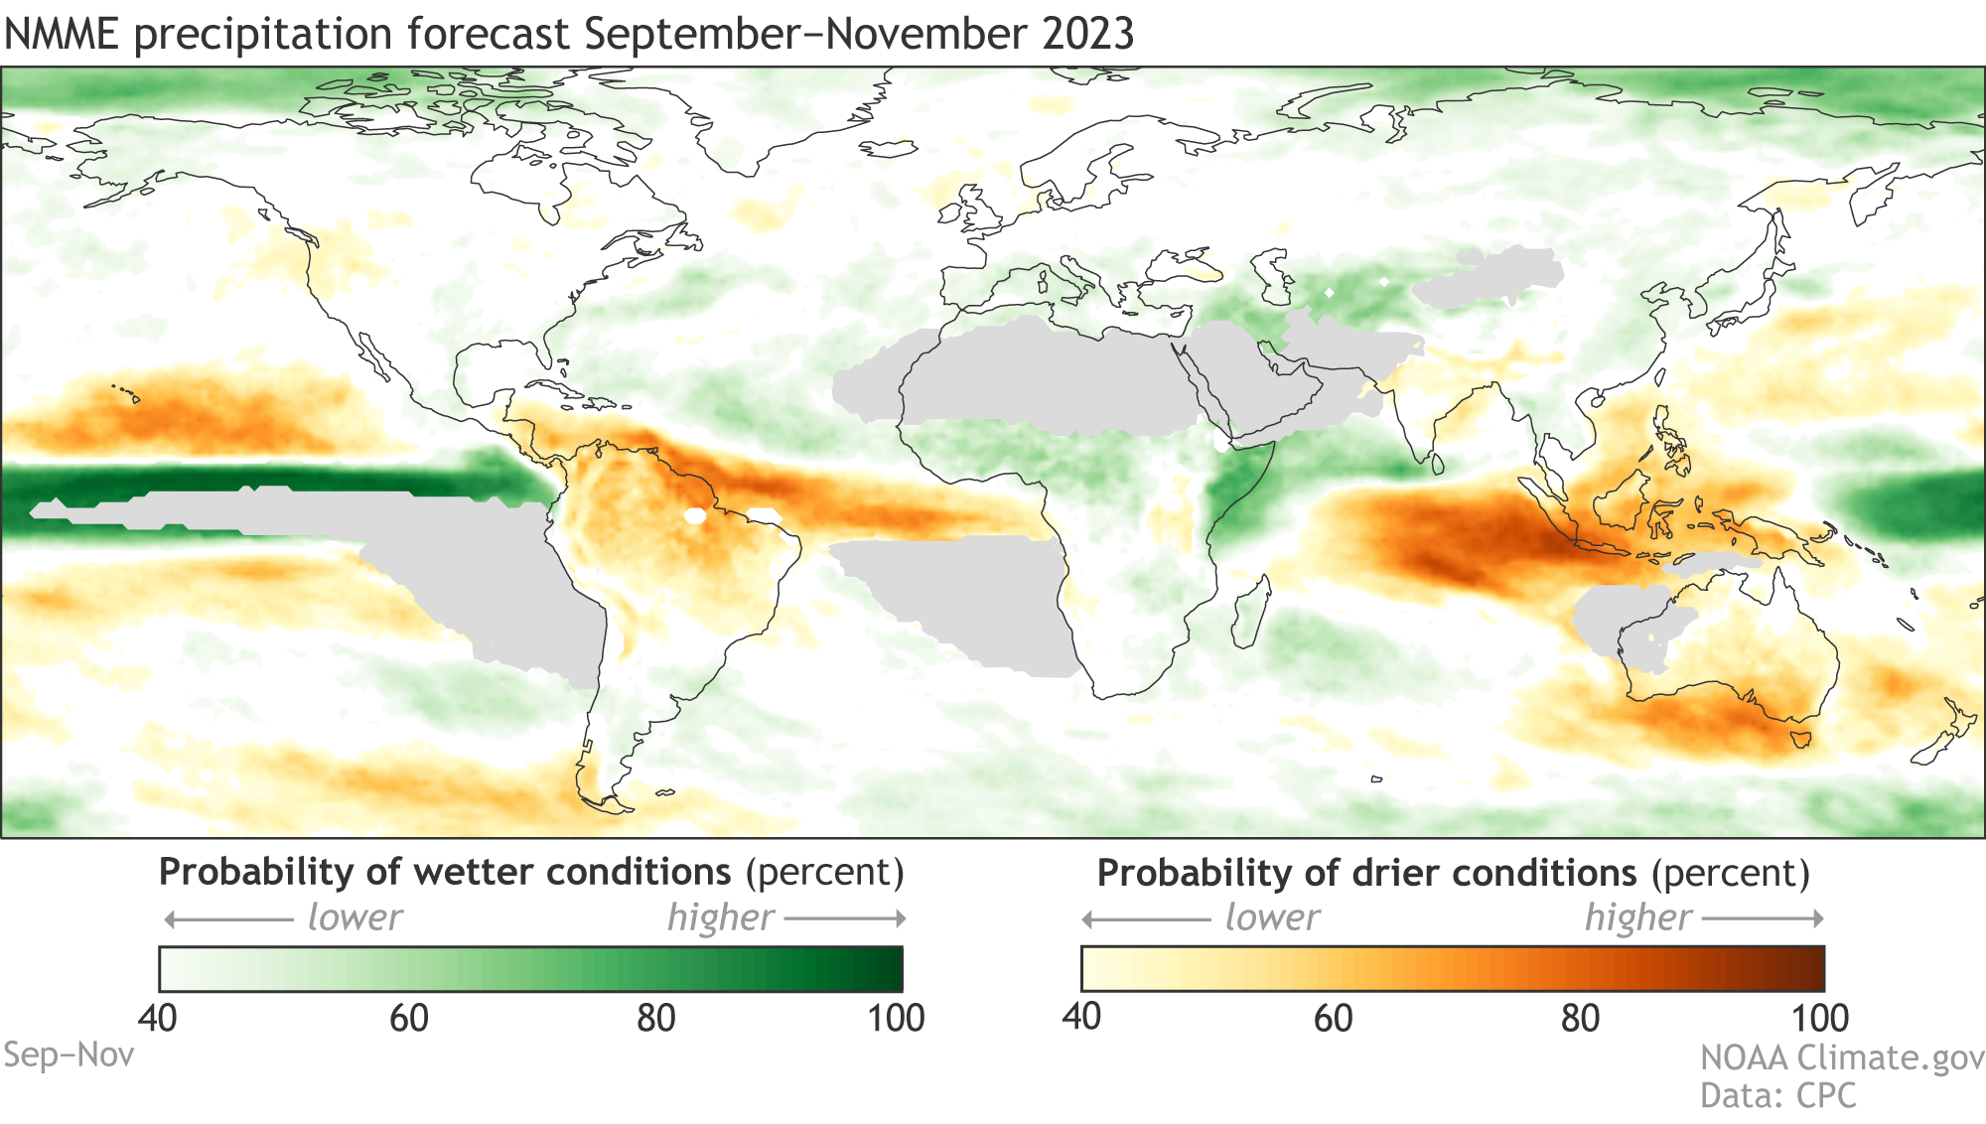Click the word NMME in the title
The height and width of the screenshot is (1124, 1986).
click(61, 34)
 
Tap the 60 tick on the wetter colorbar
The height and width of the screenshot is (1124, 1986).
click(408, 1018)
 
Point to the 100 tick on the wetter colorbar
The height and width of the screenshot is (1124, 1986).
click(896, 1018)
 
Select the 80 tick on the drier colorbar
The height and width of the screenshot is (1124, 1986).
click(1579, 1018)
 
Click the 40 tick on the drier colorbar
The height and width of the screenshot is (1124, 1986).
click(1081, 1017)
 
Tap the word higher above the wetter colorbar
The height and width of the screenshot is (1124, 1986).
click(720, 917)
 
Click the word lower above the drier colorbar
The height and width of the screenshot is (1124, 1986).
click(1272, 917)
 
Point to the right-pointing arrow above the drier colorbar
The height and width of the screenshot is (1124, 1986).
click(1764, 918)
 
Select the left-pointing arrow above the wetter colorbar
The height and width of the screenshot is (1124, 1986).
click(228, 918)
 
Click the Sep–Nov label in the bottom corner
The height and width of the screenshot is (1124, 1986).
click(69, 1054)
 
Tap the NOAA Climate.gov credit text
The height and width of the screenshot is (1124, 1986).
click(1842, 1057)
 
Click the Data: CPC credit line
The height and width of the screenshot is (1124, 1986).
click(1777, 1095)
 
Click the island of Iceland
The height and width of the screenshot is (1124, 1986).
click(889, 149)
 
